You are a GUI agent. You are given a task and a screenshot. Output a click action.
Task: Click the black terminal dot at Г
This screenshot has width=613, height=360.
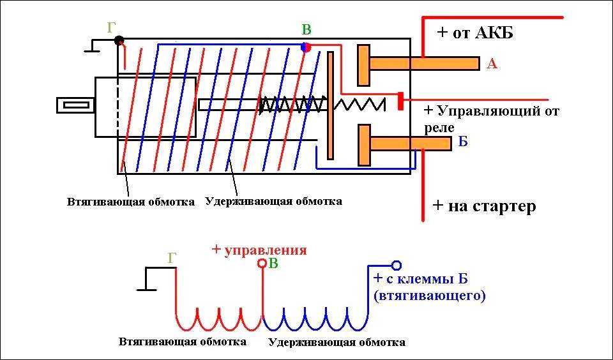tap(119, 40)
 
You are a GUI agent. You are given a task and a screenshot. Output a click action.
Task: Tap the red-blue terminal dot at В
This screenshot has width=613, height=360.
tap(306, 47)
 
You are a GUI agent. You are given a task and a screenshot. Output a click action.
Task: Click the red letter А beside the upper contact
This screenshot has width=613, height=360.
tap(492, 63)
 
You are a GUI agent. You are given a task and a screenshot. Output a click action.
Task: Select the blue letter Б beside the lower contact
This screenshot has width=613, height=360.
tap(463, 142)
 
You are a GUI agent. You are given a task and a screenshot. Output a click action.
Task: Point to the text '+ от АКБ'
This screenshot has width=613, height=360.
tap(476, 33)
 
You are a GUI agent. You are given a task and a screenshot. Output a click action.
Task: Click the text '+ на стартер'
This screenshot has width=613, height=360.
tap(484, 206)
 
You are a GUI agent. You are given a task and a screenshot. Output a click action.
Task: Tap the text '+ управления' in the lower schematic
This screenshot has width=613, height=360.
tap(259, 250)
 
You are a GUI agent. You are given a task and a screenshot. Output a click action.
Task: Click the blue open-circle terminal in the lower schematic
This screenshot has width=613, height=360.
tap(396, 265)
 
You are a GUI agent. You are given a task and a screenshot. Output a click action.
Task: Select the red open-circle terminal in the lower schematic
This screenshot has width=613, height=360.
tap(262, 263)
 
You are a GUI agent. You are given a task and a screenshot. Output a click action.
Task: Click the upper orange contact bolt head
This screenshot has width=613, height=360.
tap(363, 65)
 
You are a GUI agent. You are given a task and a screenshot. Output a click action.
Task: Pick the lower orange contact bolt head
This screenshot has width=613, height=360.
tap(363, 145)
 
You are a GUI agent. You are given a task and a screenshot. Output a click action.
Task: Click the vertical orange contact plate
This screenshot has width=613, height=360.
tap(330, 105)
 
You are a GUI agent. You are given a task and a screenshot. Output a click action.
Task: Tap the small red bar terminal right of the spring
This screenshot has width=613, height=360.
tap(400, 101)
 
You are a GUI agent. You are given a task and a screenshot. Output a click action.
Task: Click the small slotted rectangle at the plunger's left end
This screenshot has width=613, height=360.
tap(76, 105)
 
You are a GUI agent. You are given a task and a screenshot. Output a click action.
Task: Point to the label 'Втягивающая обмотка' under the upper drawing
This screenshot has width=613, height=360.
tap(131, 202)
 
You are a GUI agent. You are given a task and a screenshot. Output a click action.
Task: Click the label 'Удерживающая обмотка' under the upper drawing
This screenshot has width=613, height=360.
tap(274, 201)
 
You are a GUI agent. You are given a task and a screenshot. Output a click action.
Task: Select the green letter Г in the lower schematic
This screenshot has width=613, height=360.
tap(171, 259)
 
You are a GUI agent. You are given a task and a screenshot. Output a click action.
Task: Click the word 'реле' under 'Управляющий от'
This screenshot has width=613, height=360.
tap(439, 128)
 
